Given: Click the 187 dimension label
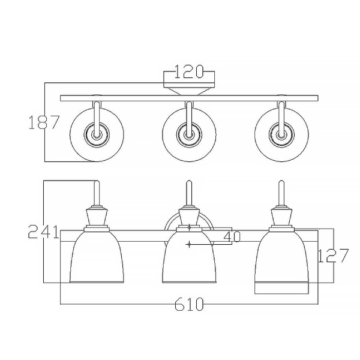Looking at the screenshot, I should [44, 122].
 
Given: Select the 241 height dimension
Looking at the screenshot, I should [43, 232].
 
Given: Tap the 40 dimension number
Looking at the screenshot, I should [231, 236].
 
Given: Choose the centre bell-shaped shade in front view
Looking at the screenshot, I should [190, 261].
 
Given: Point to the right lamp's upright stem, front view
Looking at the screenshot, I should [281, 194].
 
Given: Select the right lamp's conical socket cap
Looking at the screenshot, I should [281, 217].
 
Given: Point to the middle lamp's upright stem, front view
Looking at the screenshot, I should [190, 194].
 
